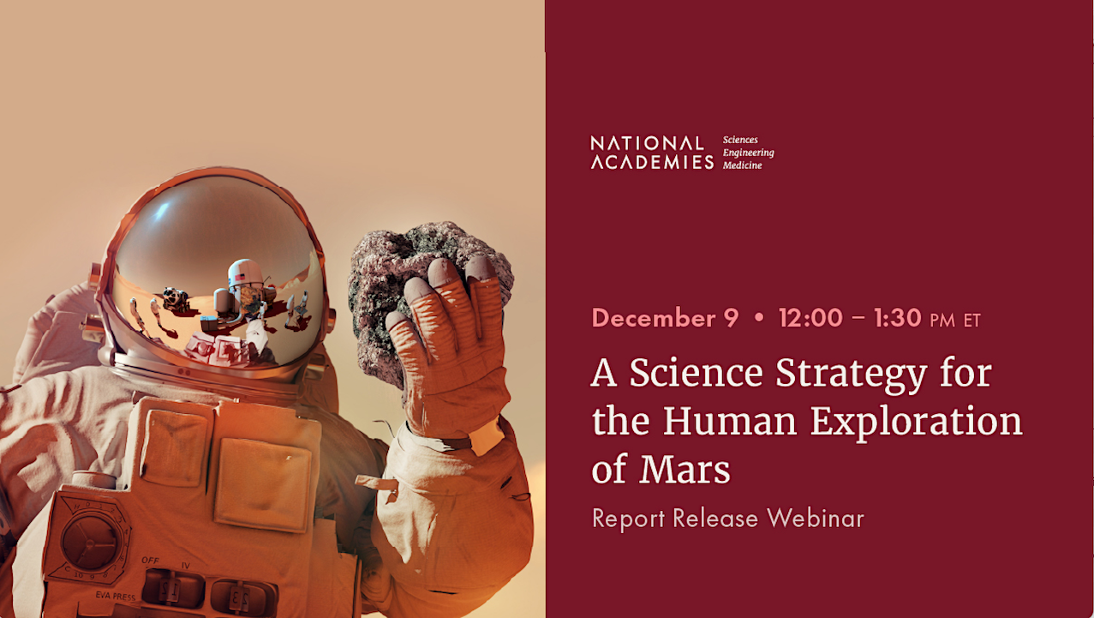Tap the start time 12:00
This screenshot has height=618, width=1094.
[x=810, y=319]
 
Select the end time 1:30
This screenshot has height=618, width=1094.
[x=897, y=319]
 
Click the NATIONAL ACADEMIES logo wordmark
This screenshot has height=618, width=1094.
[x=651, y=153]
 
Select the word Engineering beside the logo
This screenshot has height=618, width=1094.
[x=748, y=153]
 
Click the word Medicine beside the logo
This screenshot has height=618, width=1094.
[x=742, y=165]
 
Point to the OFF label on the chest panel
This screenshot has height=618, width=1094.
[x=151, y=561]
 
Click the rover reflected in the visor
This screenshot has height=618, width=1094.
[x=176, y=299]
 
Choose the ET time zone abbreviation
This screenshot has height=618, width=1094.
[x=971, y=321]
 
